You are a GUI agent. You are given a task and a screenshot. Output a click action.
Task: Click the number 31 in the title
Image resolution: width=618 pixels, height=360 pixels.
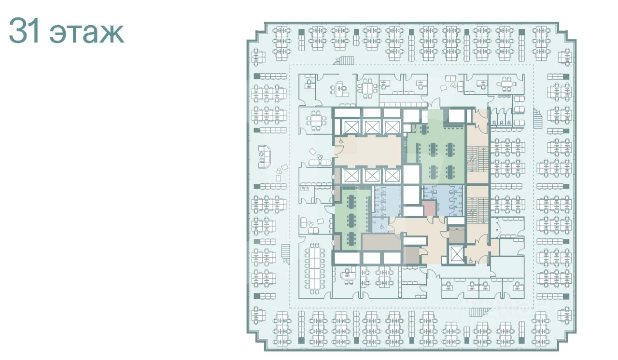(x=24, y=30)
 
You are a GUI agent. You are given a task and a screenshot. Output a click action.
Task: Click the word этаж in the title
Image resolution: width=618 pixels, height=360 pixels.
(x=86, y=34)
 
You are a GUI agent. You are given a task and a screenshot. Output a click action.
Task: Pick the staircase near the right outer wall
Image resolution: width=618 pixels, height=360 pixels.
(x=537, y=119)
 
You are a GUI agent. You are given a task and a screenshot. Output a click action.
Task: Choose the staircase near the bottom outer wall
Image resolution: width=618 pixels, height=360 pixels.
(x=478, y=312)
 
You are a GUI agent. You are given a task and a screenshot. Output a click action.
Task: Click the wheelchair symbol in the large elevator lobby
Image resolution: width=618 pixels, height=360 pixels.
(x=341, y=141)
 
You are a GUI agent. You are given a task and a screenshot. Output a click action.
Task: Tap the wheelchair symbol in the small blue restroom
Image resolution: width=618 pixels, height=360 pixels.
(x=382, y=226)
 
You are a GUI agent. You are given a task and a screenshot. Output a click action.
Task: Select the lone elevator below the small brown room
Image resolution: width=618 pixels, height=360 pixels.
(x=456, y=253)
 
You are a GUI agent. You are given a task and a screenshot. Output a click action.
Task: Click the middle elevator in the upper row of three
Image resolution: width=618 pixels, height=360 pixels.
(x=371, y=127)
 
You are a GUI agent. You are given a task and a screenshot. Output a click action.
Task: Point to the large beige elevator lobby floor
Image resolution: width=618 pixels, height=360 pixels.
(x=368, y=152)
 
